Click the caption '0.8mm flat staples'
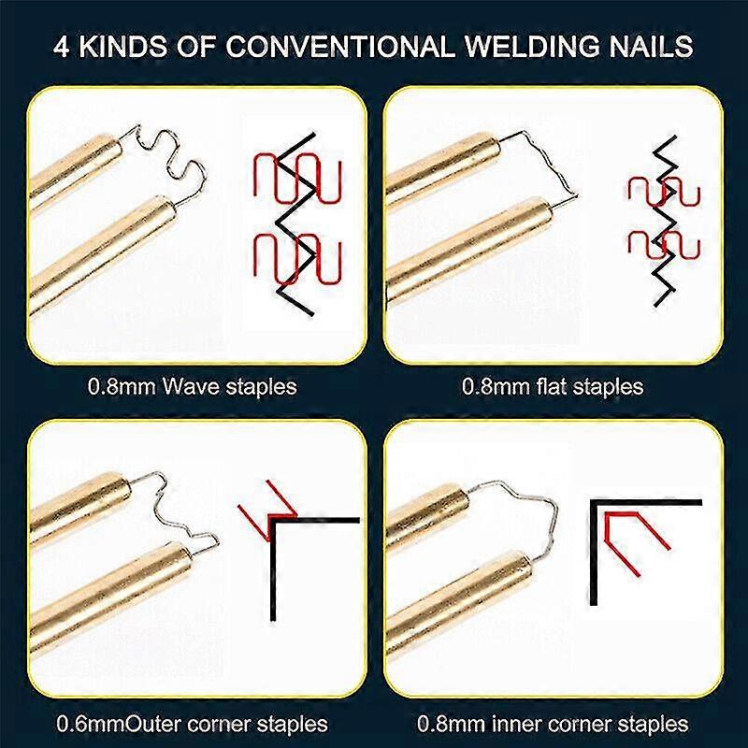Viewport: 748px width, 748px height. [x=553, y=386]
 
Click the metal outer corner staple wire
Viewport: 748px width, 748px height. [x=178, y=510]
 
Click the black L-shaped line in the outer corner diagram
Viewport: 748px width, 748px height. [x=273, y=561]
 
